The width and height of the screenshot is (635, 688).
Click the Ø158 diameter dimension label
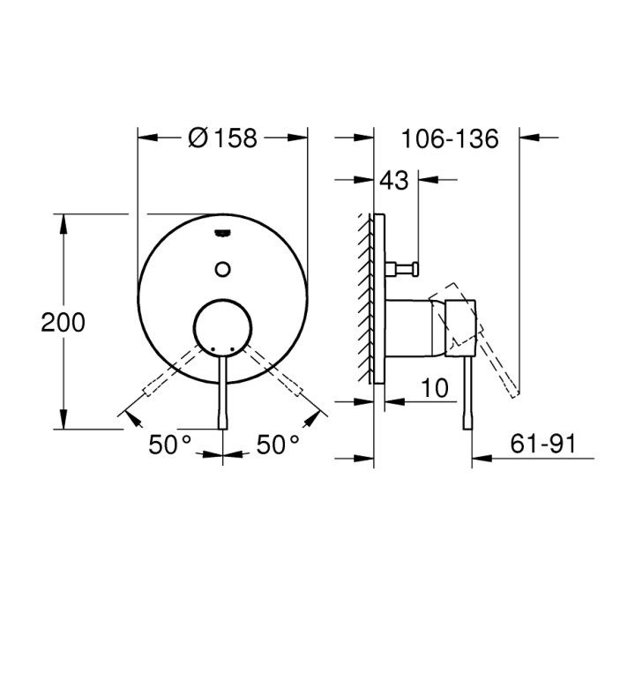pyautogui.click(x=222, y=138)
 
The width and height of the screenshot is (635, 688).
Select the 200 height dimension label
pyautogui.click(x=63, y=323)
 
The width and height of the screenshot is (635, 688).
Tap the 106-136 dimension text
pyautogui.click(x=450, y=138)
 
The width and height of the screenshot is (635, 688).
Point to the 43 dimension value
pyautogui.click(x=393, y=180)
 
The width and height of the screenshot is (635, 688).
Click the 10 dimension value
pyautogui.click(x=435, y=388)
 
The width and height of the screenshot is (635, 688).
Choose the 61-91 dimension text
pyautogui.click(x=543, y=444)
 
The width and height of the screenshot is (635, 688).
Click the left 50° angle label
pyautogui.click(x=170, y=445)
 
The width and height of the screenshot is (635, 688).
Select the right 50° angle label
pyautogui.click(x=278, y=445)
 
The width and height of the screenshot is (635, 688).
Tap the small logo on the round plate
pyautogui.click(x=222, y=234)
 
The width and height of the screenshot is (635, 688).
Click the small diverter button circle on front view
pyautogui.click(x=223, y=269)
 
